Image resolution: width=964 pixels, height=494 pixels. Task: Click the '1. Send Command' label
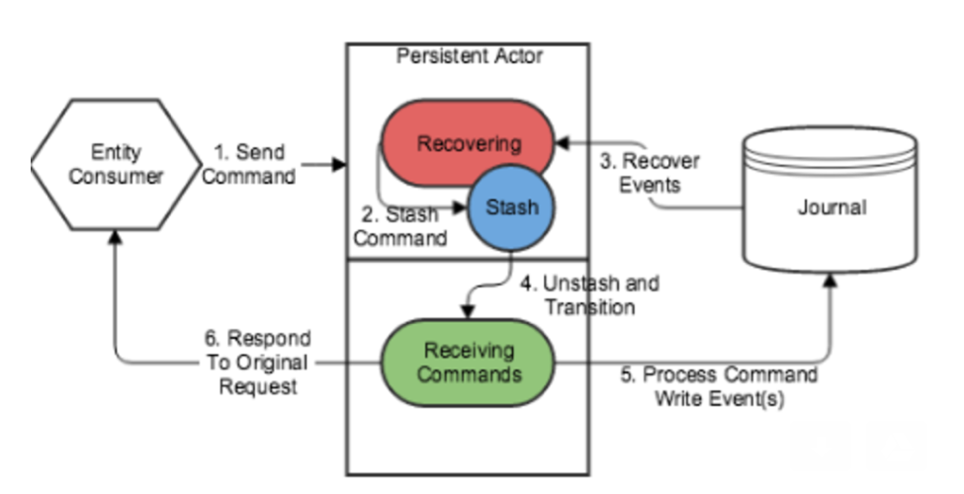255,164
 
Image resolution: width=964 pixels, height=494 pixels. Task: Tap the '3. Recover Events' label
635,172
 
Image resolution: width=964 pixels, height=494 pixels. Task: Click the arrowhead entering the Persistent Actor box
340,164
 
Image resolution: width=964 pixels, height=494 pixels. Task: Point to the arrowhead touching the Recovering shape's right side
561,142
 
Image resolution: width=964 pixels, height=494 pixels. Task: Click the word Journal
831,208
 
